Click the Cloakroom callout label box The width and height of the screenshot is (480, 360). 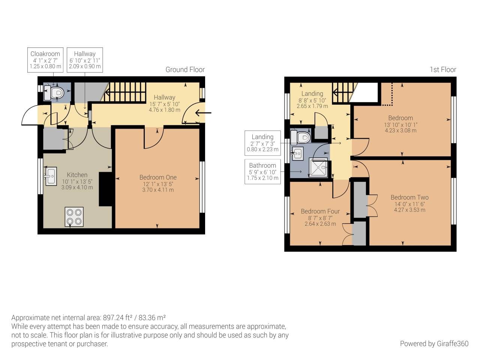coord(45,60)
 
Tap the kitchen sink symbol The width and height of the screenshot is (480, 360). coord(51,176)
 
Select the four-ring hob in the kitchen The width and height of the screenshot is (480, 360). coord(74,217)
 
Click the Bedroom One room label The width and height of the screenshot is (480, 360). coord(158,177)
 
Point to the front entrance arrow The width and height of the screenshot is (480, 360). coord(203,112)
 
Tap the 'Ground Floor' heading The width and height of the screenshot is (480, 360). coord(185,69)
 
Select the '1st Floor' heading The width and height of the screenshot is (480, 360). coord(443,69)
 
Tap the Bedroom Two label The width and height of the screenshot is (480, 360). coord(409,197)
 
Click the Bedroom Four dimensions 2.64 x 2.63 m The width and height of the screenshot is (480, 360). coord(320,224)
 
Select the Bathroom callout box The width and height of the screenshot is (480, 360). coord(262,172)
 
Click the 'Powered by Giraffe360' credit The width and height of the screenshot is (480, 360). coord(434,343)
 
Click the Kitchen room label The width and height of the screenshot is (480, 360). coord(77,175)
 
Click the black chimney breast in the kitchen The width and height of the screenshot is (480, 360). coord(105,189)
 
